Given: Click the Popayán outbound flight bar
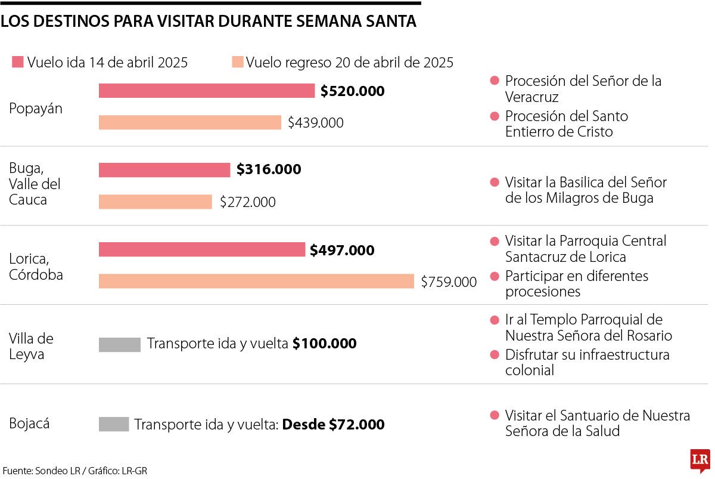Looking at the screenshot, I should point(206,91).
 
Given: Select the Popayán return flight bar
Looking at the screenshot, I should point(189,122).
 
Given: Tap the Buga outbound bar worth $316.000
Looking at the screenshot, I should point(164,170).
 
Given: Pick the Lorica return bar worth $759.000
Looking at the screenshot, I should point(256,281).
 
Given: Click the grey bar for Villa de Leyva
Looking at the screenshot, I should point(120,344).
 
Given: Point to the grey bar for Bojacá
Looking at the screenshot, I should point(114,424).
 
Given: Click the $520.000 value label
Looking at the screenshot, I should point(352,91).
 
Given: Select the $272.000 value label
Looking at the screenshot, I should point(247,202).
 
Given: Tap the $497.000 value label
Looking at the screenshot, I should point(342,251).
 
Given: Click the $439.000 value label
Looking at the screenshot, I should point(315,123).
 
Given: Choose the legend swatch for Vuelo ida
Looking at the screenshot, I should point(17,62).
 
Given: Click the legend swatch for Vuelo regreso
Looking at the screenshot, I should point(238,62).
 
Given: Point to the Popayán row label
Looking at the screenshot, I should point(36,109).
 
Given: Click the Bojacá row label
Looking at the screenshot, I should point(29,424).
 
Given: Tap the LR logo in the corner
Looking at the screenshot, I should point(700,461).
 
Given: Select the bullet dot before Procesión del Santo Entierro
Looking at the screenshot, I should point(494,116).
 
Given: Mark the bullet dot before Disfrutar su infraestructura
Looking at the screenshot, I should point(494,355).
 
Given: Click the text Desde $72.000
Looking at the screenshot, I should point(333,425).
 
